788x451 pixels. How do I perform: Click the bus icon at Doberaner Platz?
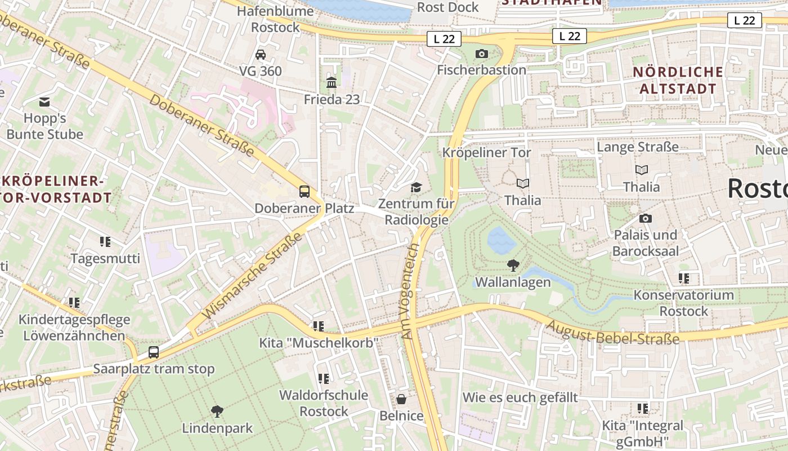pos(305,191)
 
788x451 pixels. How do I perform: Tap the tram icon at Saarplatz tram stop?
pos(154,352)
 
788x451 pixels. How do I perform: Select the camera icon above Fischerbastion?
pos(482,54)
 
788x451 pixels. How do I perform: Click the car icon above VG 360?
pos(261,55)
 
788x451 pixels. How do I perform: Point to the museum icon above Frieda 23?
pos(332,83)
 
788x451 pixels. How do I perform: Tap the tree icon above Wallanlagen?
pos(513,265)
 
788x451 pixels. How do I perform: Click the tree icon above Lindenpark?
pos(217,412)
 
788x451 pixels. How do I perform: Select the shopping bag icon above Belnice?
pos(401,399)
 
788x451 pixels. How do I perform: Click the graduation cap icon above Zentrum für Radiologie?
pos(416,187)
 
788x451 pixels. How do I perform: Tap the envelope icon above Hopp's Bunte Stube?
pos(44,102)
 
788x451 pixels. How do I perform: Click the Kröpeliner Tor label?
pos(486,153)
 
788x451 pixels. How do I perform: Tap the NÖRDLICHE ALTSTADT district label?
pos(678,80)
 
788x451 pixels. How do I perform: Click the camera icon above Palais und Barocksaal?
pos(646,218)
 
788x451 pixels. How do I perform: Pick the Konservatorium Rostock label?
pos(683,303)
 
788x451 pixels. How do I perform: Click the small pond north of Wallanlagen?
pos(500,241)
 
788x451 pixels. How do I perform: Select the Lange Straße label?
pos(638,147)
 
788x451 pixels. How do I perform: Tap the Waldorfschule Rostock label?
pos(324,403)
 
